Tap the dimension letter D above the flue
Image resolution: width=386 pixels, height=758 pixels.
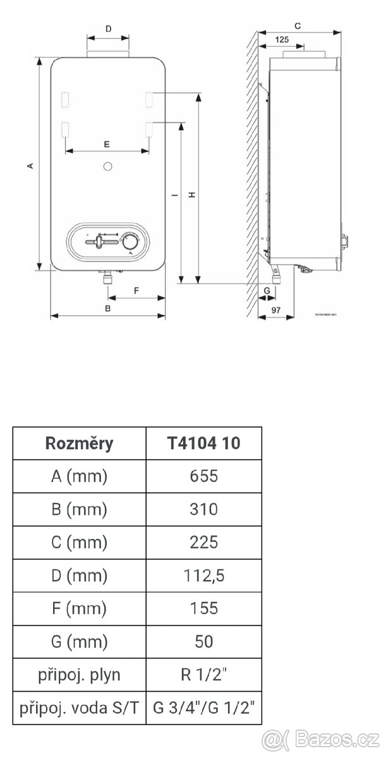click(x=107, y=29)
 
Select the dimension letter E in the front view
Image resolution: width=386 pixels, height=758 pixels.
click(x=107, y=145)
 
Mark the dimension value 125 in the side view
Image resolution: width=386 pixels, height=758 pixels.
click(x=282, y=40)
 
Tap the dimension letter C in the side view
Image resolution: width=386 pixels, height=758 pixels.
click(x=296, y=25)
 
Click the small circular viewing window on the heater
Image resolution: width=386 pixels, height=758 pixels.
click(x=107, y=167)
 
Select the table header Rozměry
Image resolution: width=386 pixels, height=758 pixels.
click(x=79, y=443)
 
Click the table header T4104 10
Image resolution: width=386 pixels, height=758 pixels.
click(x=203, y=443)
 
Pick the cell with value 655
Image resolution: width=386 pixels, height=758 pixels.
click(x=203, y=476)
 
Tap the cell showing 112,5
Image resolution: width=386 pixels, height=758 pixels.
click(x=203, y=575)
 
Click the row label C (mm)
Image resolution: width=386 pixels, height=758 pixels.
click(x=79, y=542)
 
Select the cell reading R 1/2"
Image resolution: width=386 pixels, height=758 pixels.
click(x=203, y=675)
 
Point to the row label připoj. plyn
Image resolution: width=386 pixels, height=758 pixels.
click(x=79, y=675)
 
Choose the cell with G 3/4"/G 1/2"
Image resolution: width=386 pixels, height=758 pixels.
click(x=203, y=707)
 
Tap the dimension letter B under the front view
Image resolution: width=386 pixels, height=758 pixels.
click(x=107, y=309)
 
